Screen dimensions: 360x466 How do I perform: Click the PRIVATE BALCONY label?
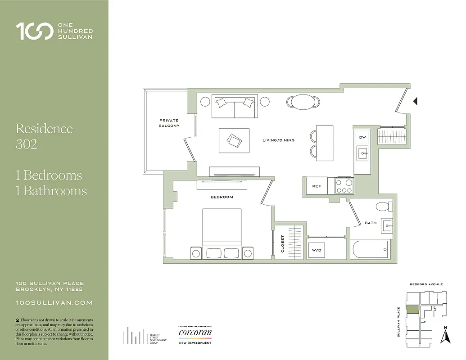coord(169,123)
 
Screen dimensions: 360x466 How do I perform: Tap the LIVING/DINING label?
coord(278,140)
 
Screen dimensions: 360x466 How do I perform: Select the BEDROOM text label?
coord(222,197)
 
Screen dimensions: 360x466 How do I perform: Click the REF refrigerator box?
coord(317,186)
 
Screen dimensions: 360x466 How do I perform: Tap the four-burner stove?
coord(344,185)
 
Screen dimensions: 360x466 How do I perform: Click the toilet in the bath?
coord(384,207)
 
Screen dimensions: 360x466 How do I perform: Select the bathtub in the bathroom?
coord(370,249)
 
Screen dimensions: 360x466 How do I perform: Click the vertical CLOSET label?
coord(283,244)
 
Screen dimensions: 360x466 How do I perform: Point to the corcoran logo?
coord(195,333)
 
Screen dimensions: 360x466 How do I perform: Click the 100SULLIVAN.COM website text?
coord(54,303)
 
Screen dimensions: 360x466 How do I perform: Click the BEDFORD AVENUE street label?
coord(426,284)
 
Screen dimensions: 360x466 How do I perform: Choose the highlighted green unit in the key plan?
coord(412,310)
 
